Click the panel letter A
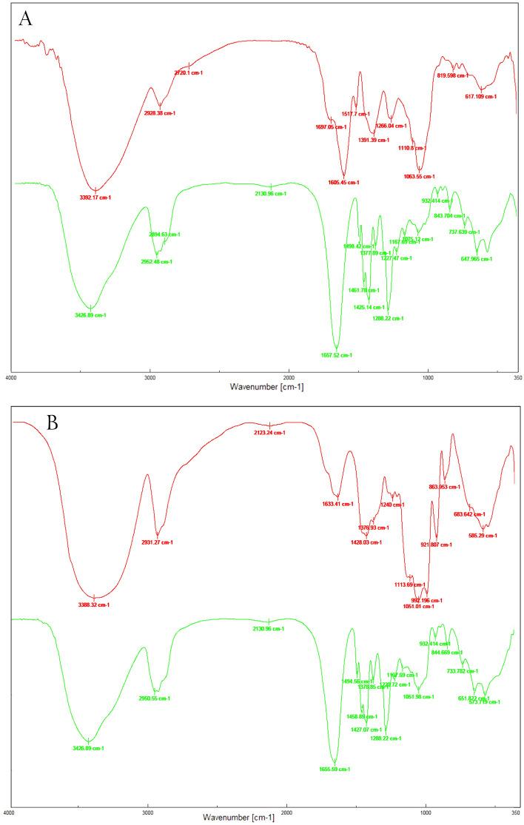click(x=26, y=19)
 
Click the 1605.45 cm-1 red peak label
click(x=343, y=182)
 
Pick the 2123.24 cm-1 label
click(x=269, y=432)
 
